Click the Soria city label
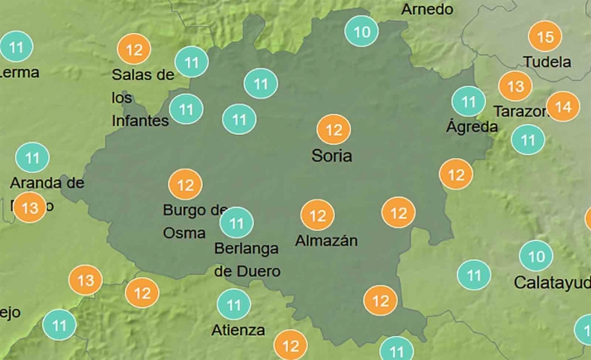click(x=332, y=156)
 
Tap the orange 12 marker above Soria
click(x=334, y=130)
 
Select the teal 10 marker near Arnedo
click(x=362, y=32)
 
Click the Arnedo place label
click(x=427, y=9)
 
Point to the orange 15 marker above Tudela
click(x=545, y=37)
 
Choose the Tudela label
click(x=547, y=62)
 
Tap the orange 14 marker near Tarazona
click(x=564, y=107)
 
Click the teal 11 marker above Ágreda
click(x=468, y=102)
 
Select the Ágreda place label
click(x=472, y=127)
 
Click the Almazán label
click(x=326, y=241)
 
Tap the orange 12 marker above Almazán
click(x=317, y=217)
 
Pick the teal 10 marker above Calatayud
click(x=536, y=256)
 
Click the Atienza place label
click(x=238, y=330)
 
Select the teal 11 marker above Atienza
click(x=233, y=305)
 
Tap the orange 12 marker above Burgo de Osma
click(x=185, y=185)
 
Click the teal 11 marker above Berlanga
click(x=237, y=223)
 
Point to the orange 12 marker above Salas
click(x=134, y=50)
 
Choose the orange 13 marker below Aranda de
click(x=30, y=207)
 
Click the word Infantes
click(x=140, y=121)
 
